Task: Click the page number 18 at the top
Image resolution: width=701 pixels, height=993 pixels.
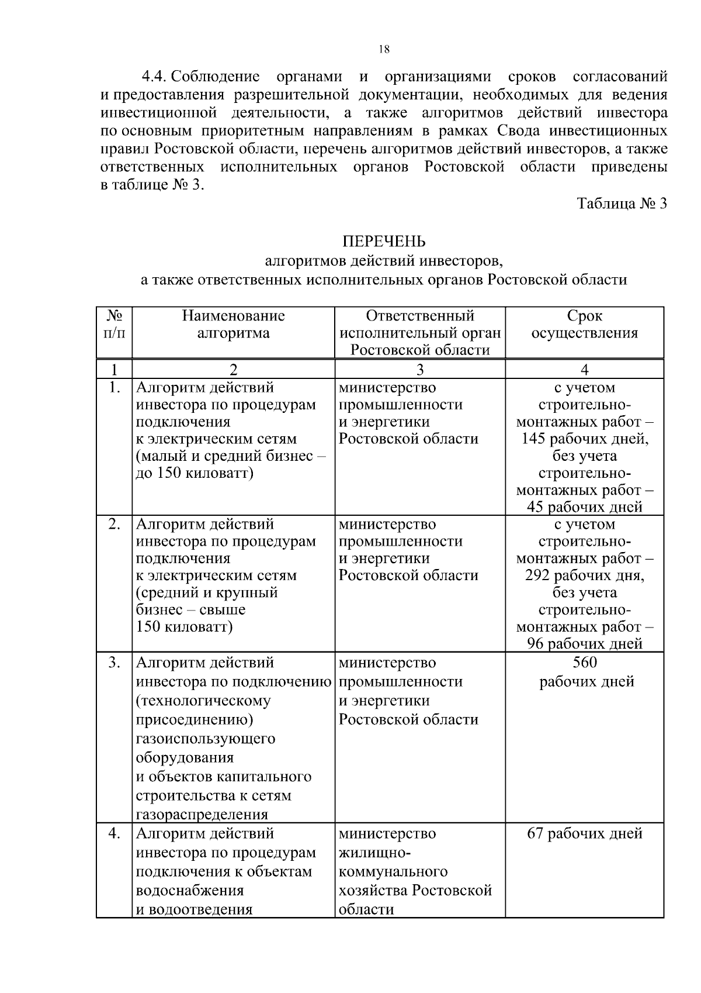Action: (x=384, y=49)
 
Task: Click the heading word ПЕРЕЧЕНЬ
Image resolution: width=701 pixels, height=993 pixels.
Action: (x=384, y=242)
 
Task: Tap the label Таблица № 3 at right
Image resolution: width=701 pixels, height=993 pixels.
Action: (x=622, y=204)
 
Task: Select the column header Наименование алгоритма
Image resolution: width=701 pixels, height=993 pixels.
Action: (x=233, y=325)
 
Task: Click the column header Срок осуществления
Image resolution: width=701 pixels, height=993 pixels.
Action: (x=584, y=325)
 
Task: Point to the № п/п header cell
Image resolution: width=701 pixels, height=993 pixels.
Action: (x=114, y=325)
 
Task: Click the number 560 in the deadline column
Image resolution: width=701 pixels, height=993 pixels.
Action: (x=585, y=663)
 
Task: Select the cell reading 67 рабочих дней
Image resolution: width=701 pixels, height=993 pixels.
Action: (x=585, y=833)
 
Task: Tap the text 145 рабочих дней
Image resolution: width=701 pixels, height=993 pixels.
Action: (x=585, y=439)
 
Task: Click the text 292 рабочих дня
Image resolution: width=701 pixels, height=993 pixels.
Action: (x=585, y=575)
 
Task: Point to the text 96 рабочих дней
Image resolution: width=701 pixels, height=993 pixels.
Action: (x=585, y=644)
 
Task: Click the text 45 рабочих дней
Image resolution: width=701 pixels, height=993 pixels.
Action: (x=585, y=507)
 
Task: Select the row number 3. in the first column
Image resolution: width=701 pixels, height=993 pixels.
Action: (x=114, y=663)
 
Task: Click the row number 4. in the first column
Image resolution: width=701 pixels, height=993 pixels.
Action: (x=114, y=833)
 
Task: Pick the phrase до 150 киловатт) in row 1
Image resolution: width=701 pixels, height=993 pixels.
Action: (x=195, y=473)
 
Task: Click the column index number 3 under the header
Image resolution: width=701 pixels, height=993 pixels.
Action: (x=419, y=370)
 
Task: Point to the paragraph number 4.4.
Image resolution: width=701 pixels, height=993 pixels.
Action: (x=155, y=77)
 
